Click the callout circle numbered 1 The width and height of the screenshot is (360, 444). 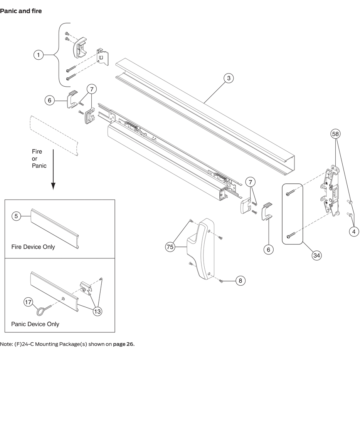click(x=38, y=55)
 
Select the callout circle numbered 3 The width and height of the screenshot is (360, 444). click(x=229, y=78)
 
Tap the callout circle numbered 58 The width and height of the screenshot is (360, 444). click(x=335, y=134)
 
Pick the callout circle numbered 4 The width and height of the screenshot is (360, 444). click(x=354, y=231)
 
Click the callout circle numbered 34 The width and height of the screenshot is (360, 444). click(x=316, y=255)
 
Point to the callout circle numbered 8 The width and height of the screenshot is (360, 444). click(x=240, y=281)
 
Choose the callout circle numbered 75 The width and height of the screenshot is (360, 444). click(x=170, y=247)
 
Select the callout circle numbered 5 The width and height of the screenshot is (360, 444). click(x=16, y=216)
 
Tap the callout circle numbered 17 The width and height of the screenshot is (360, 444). click(x=28, y=302)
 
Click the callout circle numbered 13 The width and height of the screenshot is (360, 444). click(x=97, y=312)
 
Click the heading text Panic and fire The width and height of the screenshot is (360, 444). click(x=21, y=11)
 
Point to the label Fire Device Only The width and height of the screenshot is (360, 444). click(x=33, y=247)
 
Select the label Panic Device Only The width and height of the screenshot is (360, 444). click(x=35, y=324)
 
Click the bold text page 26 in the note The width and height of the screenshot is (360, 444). click(x=123, y=344)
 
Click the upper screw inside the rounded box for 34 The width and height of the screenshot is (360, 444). click(x=291, y=194)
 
